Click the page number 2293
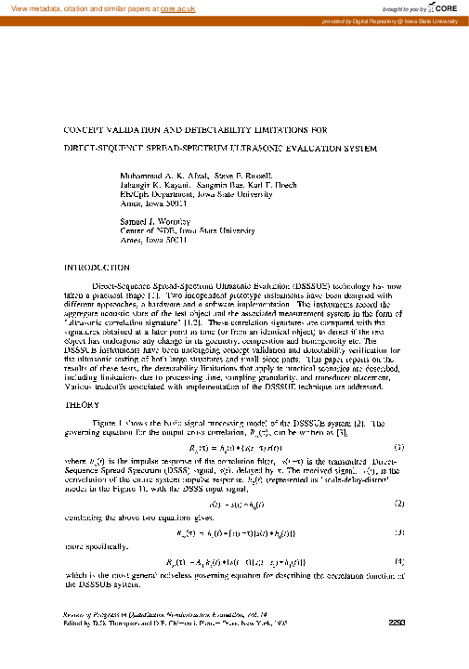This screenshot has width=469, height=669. tap(398, 649)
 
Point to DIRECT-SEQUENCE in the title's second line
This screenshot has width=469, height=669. tap(102, 148)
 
